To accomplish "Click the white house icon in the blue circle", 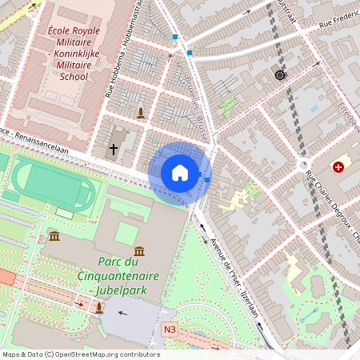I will click(179, 173).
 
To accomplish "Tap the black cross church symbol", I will click(114, 149).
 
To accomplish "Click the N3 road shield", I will click(169, 329).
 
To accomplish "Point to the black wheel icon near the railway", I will click(280, 74).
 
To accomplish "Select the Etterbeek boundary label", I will click(350, 115).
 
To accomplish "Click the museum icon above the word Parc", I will click(140, 251).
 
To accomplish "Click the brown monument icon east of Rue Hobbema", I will click(142, 113).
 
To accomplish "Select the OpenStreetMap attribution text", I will click(80, 354).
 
